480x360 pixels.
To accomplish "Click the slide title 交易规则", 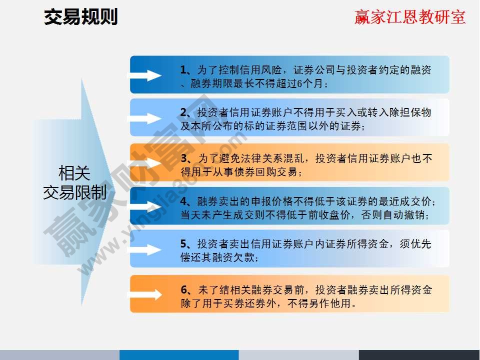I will (x=81, y=17).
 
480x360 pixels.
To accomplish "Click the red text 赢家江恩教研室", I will (x=410, y=17).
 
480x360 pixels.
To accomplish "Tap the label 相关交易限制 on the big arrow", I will (x=74, y=183).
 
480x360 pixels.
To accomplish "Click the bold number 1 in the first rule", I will (x=183, y=70).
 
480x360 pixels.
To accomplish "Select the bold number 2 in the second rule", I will (x=183, y=112).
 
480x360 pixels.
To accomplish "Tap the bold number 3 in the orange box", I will (x=183, y=158).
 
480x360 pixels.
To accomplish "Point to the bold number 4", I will (x=183, y=201).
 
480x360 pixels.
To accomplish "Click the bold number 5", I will (x=183, y=244).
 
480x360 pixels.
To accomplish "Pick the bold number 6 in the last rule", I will (x=183, y=289).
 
